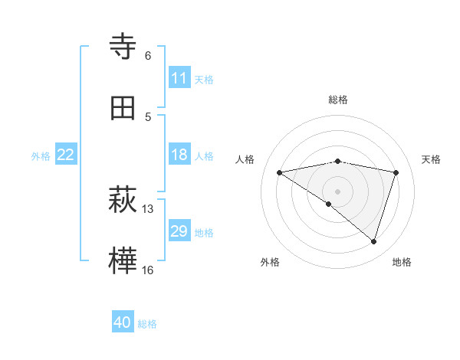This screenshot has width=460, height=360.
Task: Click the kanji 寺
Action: click(x=123, y=47)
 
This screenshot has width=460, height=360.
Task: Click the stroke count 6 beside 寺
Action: click(x=148, y=56)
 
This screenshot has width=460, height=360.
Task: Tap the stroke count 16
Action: click(x=148, y=270)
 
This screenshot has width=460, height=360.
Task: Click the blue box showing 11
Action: click(x=179, y=78)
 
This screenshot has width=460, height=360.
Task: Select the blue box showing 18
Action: click(x=179, y=155)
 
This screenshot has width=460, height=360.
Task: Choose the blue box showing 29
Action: click(x=179, y=231)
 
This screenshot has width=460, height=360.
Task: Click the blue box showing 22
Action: click(x=66, y=155)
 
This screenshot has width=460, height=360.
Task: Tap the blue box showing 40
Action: click(x=123, y=322)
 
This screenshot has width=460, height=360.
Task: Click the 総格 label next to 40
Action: click(x=147, y=324)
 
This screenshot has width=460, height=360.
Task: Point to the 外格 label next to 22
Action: click(x=41, y=156)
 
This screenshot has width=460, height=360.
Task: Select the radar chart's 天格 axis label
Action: click(x=431, y=159)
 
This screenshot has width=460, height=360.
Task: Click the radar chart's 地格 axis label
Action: click(x=402, y=262)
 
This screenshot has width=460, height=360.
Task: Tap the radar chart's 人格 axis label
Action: click(x=245, y=159)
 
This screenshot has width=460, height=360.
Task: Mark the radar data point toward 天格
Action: click(x=396, y=172)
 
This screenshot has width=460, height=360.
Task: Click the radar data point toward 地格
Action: click(x=373, y=241)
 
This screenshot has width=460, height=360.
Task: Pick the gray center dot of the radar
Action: click(x=337, y=191)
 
